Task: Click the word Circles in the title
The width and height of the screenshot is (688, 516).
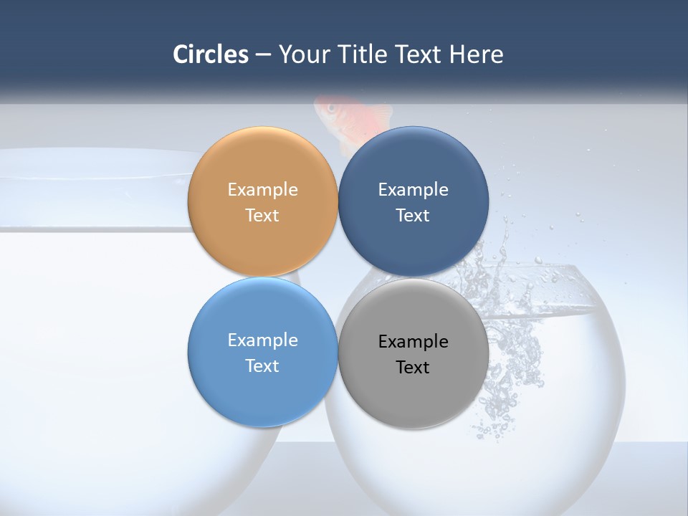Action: point(211,54)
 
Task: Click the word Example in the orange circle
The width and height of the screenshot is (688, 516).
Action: point(262,190)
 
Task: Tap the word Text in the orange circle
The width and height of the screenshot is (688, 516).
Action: point(262,216)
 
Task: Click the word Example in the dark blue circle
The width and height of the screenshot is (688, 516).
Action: point(413,190)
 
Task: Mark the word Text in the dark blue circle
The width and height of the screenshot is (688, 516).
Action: point(413,216)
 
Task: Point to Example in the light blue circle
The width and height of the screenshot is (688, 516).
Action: point(262,340)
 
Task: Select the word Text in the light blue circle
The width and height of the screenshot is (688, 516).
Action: point(262,366)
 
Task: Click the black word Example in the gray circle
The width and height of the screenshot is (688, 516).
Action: point(413,342)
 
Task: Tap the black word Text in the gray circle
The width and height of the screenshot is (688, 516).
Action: point(413,368)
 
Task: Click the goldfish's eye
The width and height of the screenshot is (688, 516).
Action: point(331,108)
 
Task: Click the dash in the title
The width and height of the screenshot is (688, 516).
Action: point(263,55)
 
